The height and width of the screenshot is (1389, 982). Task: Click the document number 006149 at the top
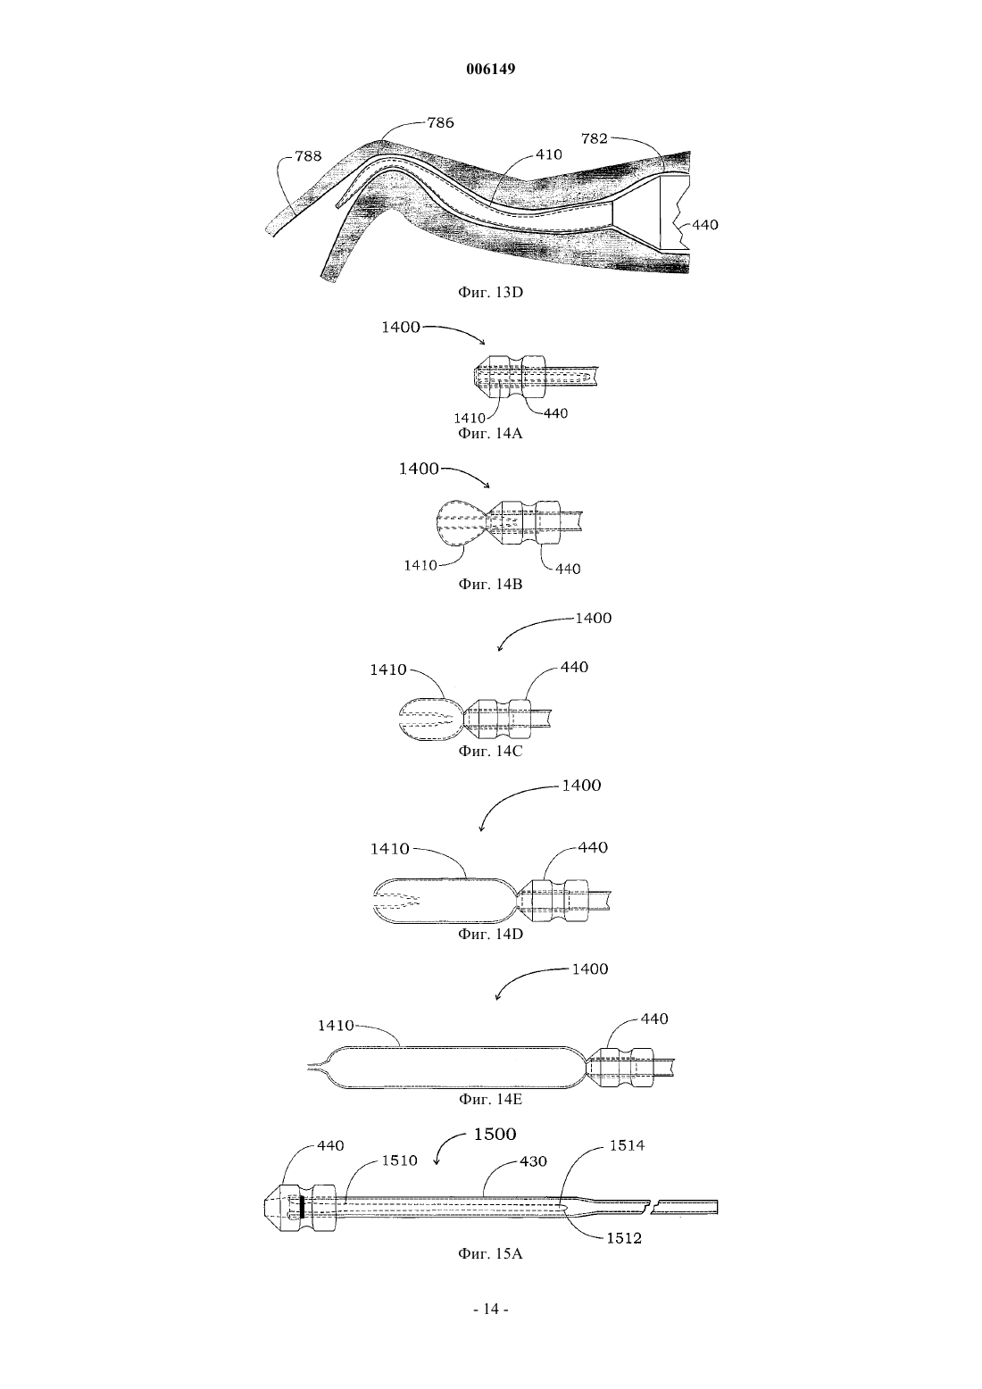[490, 69]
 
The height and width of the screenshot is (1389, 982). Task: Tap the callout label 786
[440, 123]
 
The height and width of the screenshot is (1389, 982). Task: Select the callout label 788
[308, 156]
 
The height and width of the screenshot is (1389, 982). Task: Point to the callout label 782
[594, 138]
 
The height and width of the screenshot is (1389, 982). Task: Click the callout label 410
[548, 154]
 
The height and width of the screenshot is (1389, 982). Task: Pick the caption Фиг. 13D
[490, 291]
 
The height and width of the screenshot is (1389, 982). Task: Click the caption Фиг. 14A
[490, 434]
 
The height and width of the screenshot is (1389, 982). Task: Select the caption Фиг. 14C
[490, 751]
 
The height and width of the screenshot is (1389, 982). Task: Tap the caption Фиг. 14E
[490, 1100]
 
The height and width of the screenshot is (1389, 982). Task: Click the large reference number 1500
[495, 1135]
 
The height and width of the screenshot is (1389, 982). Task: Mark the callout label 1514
[627, 1146]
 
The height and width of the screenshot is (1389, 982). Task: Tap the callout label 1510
[399, 1160]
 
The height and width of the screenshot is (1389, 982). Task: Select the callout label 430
[533, 1161]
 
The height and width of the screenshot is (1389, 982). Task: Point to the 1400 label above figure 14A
[401, 328]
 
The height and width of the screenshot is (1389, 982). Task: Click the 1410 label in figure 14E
[336, 1026]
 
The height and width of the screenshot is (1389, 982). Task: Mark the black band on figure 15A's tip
[302, 1206]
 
